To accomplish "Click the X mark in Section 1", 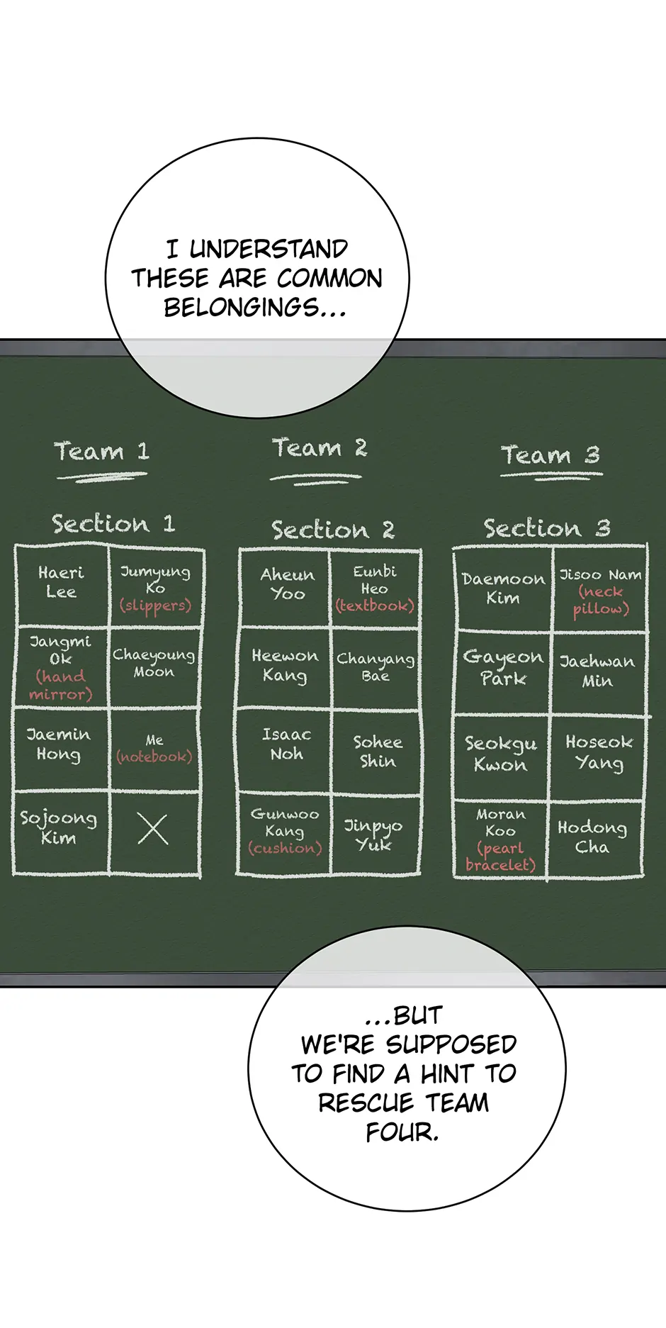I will (x=153, y=829).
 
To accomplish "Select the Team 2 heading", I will (x=320, y=449).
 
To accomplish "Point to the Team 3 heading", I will (x=551, y=455).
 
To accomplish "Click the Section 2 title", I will (x=332, y=530).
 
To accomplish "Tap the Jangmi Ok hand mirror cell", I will (x=61, y=667).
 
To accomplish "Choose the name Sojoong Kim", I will (x=58, y=827).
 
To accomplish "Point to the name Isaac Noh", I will (x=286, y=744).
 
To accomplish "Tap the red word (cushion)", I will (x=285, y=848).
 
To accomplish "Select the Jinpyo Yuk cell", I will (x=373, y=835).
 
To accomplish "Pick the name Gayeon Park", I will (x=503, y=667).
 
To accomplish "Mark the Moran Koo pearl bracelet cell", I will (x=500, y=839).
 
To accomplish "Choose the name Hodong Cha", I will (x=592, y=837).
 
